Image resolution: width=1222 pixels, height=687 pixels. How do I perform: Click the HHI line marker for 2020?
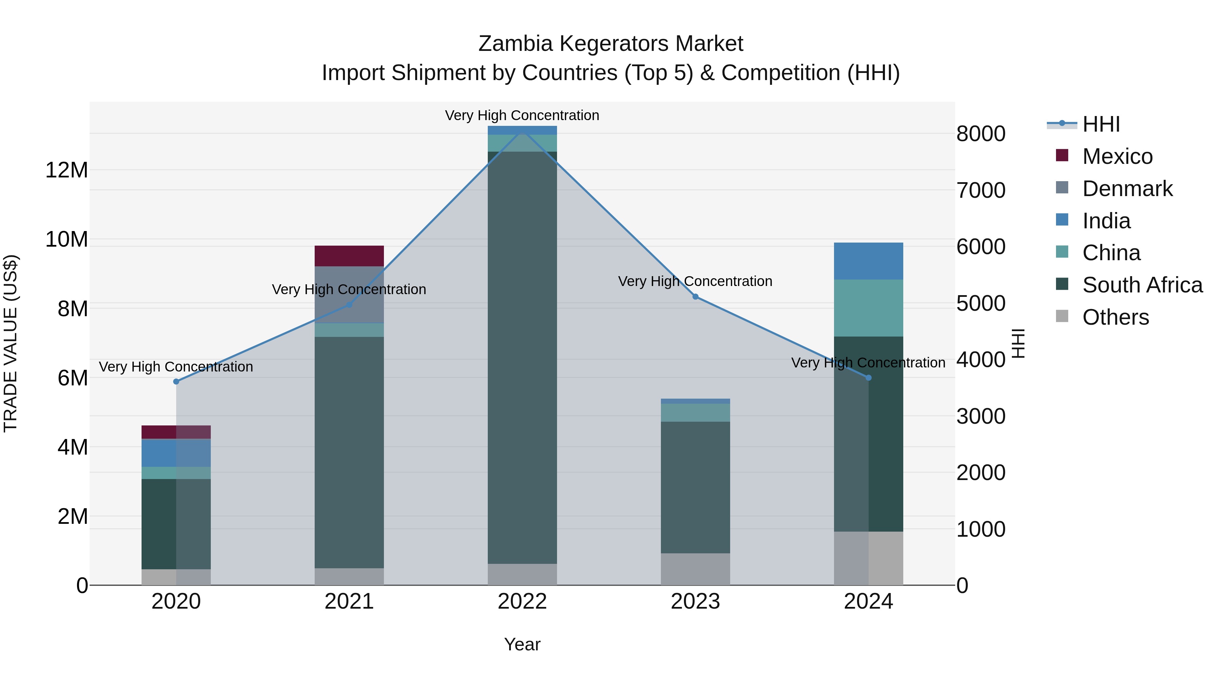[x=176, y=382]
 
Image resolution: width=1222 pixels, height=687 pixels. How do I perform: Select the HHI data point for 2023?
[x=696, y=297]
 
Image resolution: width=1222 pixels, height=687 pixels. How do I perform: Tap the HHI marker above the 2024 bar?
[x=869, y=378]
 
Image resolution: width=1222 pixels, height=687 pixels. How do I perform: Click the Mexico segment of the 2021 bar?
[x=349, y=256]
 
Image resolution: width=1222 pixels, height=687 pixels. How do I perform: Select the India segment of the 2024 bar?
[x=869, y=261]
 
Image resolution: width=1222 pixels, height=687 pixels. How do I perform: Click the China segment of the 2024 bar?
[x=869, y=308]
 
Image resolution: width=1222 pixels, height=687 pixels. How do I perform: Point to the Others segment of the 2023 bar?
[x=696, y=569]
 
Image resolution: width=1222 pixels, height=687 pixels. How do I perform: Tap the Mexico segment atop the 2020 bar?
[x=176, y=432]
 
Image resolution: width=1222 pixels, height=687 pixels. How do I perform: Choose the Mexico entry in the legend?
[x=1117, y=156]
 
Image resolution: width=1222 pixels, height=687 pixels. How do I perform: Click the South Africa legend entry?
[x=1142, y=285]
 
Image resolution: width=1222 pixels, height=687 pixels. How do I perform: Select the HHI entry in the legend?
[x=1100, y=124]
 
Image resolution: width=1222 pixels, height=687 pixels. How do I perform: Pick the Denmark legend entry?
[x=1127, y=189]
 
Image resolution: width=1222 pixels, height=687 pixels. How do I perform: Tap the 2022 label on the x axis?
[x=522, y=602]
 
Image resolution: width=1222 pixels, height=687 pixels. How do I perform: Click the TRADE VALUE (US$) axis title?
[x=11, y=343]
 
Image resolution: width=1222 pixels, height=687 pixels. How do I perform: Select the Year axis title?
[x=522, y=644]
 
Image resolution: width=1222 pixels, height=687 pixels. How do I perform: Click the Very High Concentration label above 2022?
[x=522, y=115]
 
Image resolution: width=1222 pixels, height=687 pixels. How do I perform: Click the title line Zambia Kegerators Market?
[x=611, y=44]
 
